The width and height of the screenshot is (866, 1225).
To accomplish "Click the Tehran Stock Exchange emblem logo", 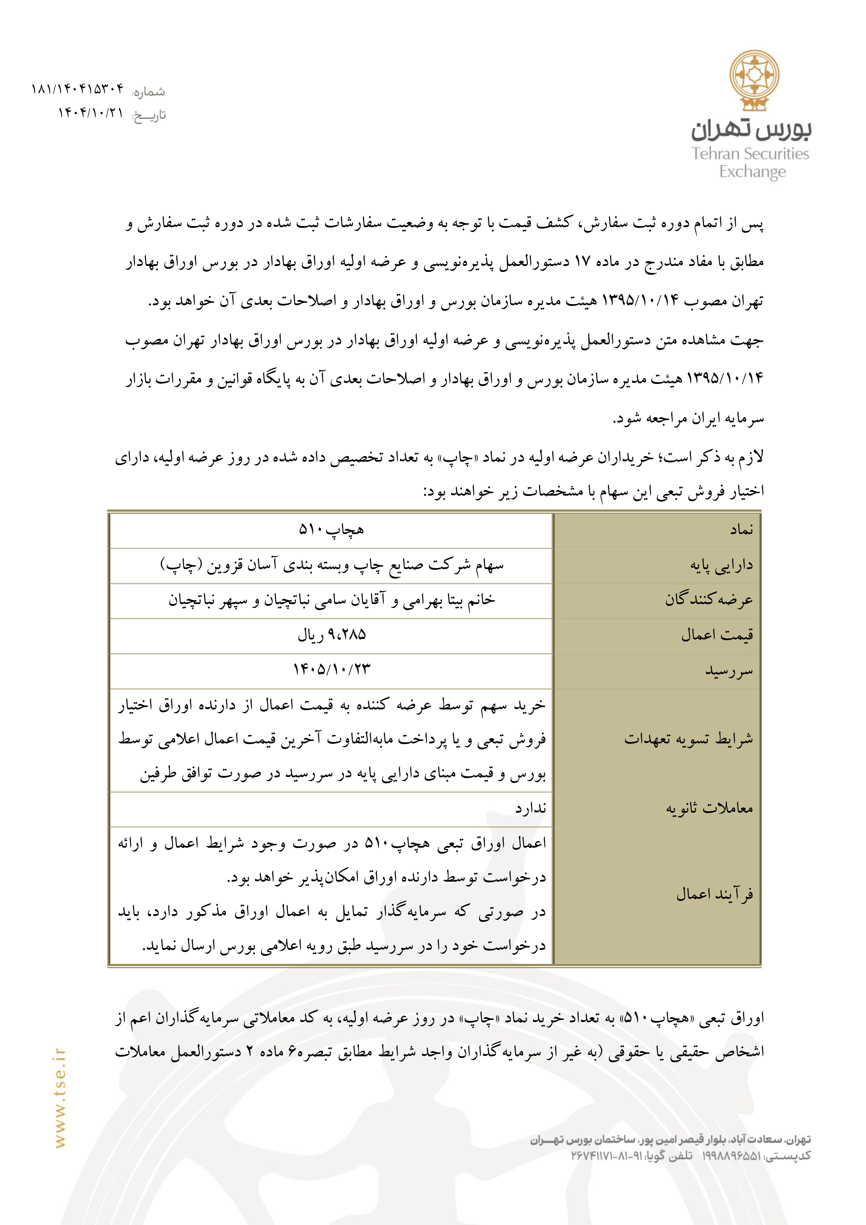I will pyautogui.click(x=754, y=80).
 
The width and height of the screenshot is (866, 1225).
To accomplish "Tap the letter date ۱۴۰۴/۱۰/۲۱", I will pyautogui.click(x=91, y=113).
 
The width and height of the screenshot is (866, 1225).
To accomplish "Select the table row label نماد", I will pyautogui.click(x=742, y=530).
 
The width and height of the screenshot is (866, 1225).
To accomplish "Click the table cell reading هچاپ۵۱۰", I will pyautogui.click(x=331, y=530).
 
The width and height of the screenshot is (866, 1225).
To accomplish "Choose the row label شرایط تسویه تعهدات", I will pyautogui.click(x=688, y=740).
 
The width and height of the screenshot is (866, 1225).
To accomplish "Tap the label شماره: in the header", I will pyautogui.click(x=149, y=92).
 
